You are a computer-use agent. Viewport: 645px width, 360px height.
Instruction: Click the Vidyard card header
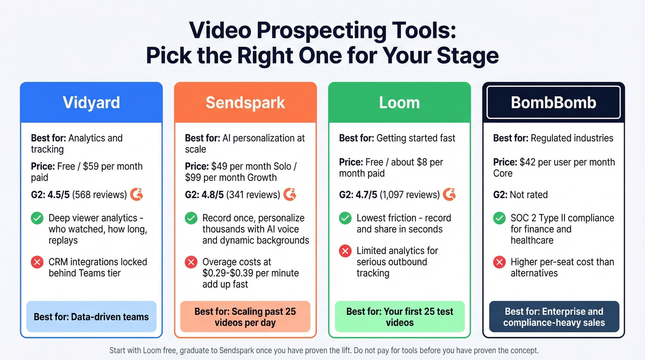[x=91, y=102]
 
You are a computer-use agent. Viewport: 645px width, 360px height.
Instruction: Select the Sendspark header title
[x=245, y=102]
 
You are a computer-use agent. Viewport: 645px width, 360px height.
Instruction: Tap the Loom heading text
[x=399, y=102]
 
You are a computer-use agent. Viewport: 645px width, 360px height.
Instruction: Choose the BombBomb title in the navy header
[x=553, y=102]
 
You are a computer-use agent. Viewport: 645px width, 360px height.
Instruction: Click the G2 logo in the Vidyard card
[x=137, y=195]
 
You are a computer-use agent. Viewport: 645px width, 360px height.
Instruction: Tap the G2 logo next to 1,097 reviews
[x=450, y=195]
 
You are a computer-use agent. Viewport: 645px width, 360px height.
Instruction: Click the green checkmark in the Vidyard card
[x=37, y=218]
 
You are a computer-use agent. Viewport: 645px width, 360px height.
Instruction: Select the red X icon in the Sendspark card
[x=191, y=262]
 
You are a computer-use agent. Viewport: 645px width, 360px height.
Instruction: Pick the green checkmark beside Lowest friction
[x=345, y=218]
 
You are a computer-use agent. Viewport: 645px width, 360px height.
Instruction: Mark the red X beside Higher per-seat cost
[x=499, y=262]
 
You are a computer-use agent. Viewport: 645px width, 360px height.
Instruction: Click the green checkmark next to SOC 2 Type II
[x=499, y=218]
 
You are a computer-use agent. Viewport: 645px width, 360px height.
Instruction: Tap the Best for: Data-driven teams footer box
[x=91, y=317]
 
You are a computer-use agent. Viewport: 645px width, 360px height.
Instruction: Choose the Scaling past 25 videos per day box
[x=245, y=317]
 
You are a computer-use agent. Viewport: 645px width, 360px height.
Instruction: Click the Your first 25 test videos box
[x=399, y=317]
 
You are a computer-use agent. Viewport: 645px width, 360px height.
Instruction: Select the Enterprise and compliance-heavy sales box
[x=553, y=317]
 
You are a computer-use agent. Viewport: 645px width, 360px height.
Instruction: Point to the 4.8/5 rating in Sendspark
[x=212, y=195]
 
